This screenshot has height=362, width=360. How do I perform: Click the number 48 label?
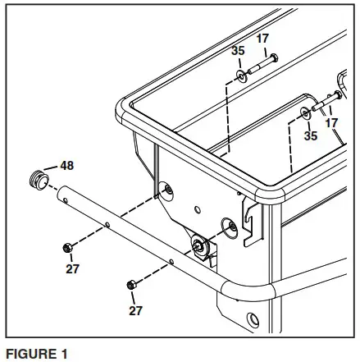point(66,165)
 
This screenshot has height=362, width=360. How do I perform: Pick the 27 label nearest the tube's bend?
point(134,311)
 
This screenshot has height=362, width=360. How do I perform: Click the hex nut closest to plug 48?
point(67,246)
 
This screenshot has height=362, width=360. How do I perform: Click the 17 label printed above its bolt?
point(262,38)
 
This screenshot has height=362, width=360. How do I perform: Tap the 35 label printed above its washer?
point(238,50)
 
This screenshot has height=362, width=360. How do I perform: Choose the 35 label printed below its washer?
point(309,136)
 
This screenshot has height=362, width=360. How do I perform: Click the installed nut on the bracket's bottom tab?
point(198,245)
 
